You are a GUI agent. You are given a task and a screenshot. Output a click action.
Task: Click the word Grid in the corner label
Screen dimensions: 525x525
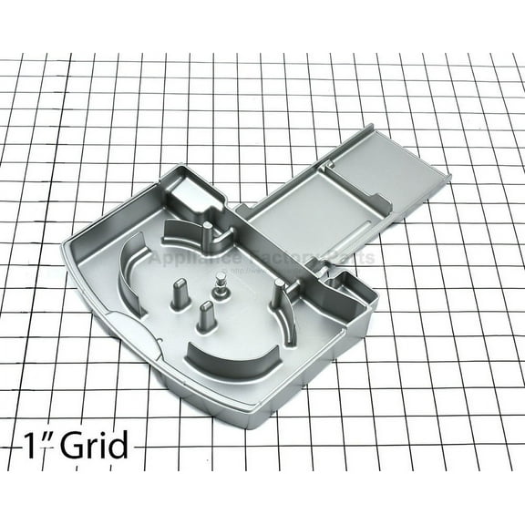tap(91, 448)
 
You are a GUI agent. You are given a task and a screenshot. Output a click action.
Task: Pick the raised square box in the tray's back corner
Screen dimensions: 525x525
tap(197, 194)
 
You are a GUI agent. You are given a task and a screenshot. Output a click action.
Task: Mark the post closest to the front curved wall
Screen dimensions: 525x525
tap(205, 317)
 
